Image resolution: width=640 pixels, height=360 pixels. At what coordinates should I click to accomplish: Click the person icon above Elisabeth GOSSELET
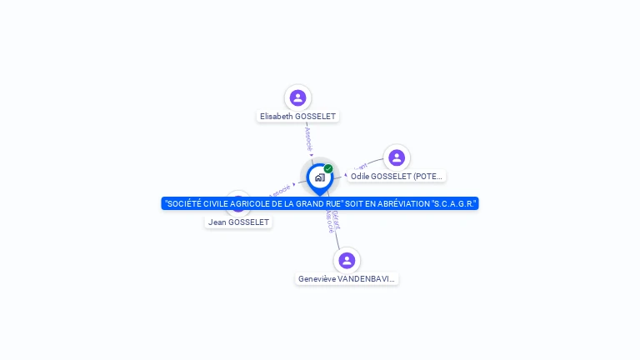(x=297, y=98)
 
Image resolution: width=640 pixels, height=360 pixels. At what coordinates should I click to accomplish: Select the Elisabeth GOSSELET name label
(x=297, y=117)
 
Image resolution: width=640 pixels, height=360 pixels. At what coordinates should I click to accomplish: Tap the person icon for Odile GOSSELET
(x=397, y=157)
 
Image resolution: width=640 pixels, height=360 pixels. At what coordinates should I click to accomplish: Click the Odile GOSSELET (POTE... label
(x=397, y=176)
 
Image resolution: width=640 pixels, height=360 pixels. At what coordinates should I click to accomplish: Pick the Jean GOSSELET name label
(x=238, y=222)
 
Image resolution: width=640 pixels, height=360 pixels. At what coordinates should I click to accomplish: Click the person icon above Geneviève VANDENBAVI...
(x=347, y=261)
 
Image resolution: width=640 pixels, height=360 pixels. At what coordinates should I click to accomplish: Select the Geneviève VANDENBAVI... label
(x=347, y=279)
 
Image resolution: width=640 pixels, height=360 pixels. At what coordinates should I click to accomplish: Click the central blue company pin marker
(x=319, y=177)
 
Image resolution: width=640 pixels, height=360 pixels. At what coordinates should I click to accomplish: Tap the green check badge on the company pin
(x=328, y=169)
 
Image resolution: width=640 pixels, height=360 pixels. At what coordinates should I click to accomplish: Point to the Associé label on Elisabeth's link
(x=308, y=137)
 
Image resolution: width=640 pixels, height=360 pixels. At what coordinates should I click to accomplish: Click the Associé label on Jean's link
(x=280, y=190)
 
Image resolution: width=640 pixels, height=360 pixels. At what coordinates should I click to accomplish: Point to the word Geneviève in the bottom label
(x=317, y=279)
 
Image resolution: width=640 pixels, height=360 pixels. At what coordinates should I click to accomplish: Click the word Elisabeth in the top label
(x=277, y=117)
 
